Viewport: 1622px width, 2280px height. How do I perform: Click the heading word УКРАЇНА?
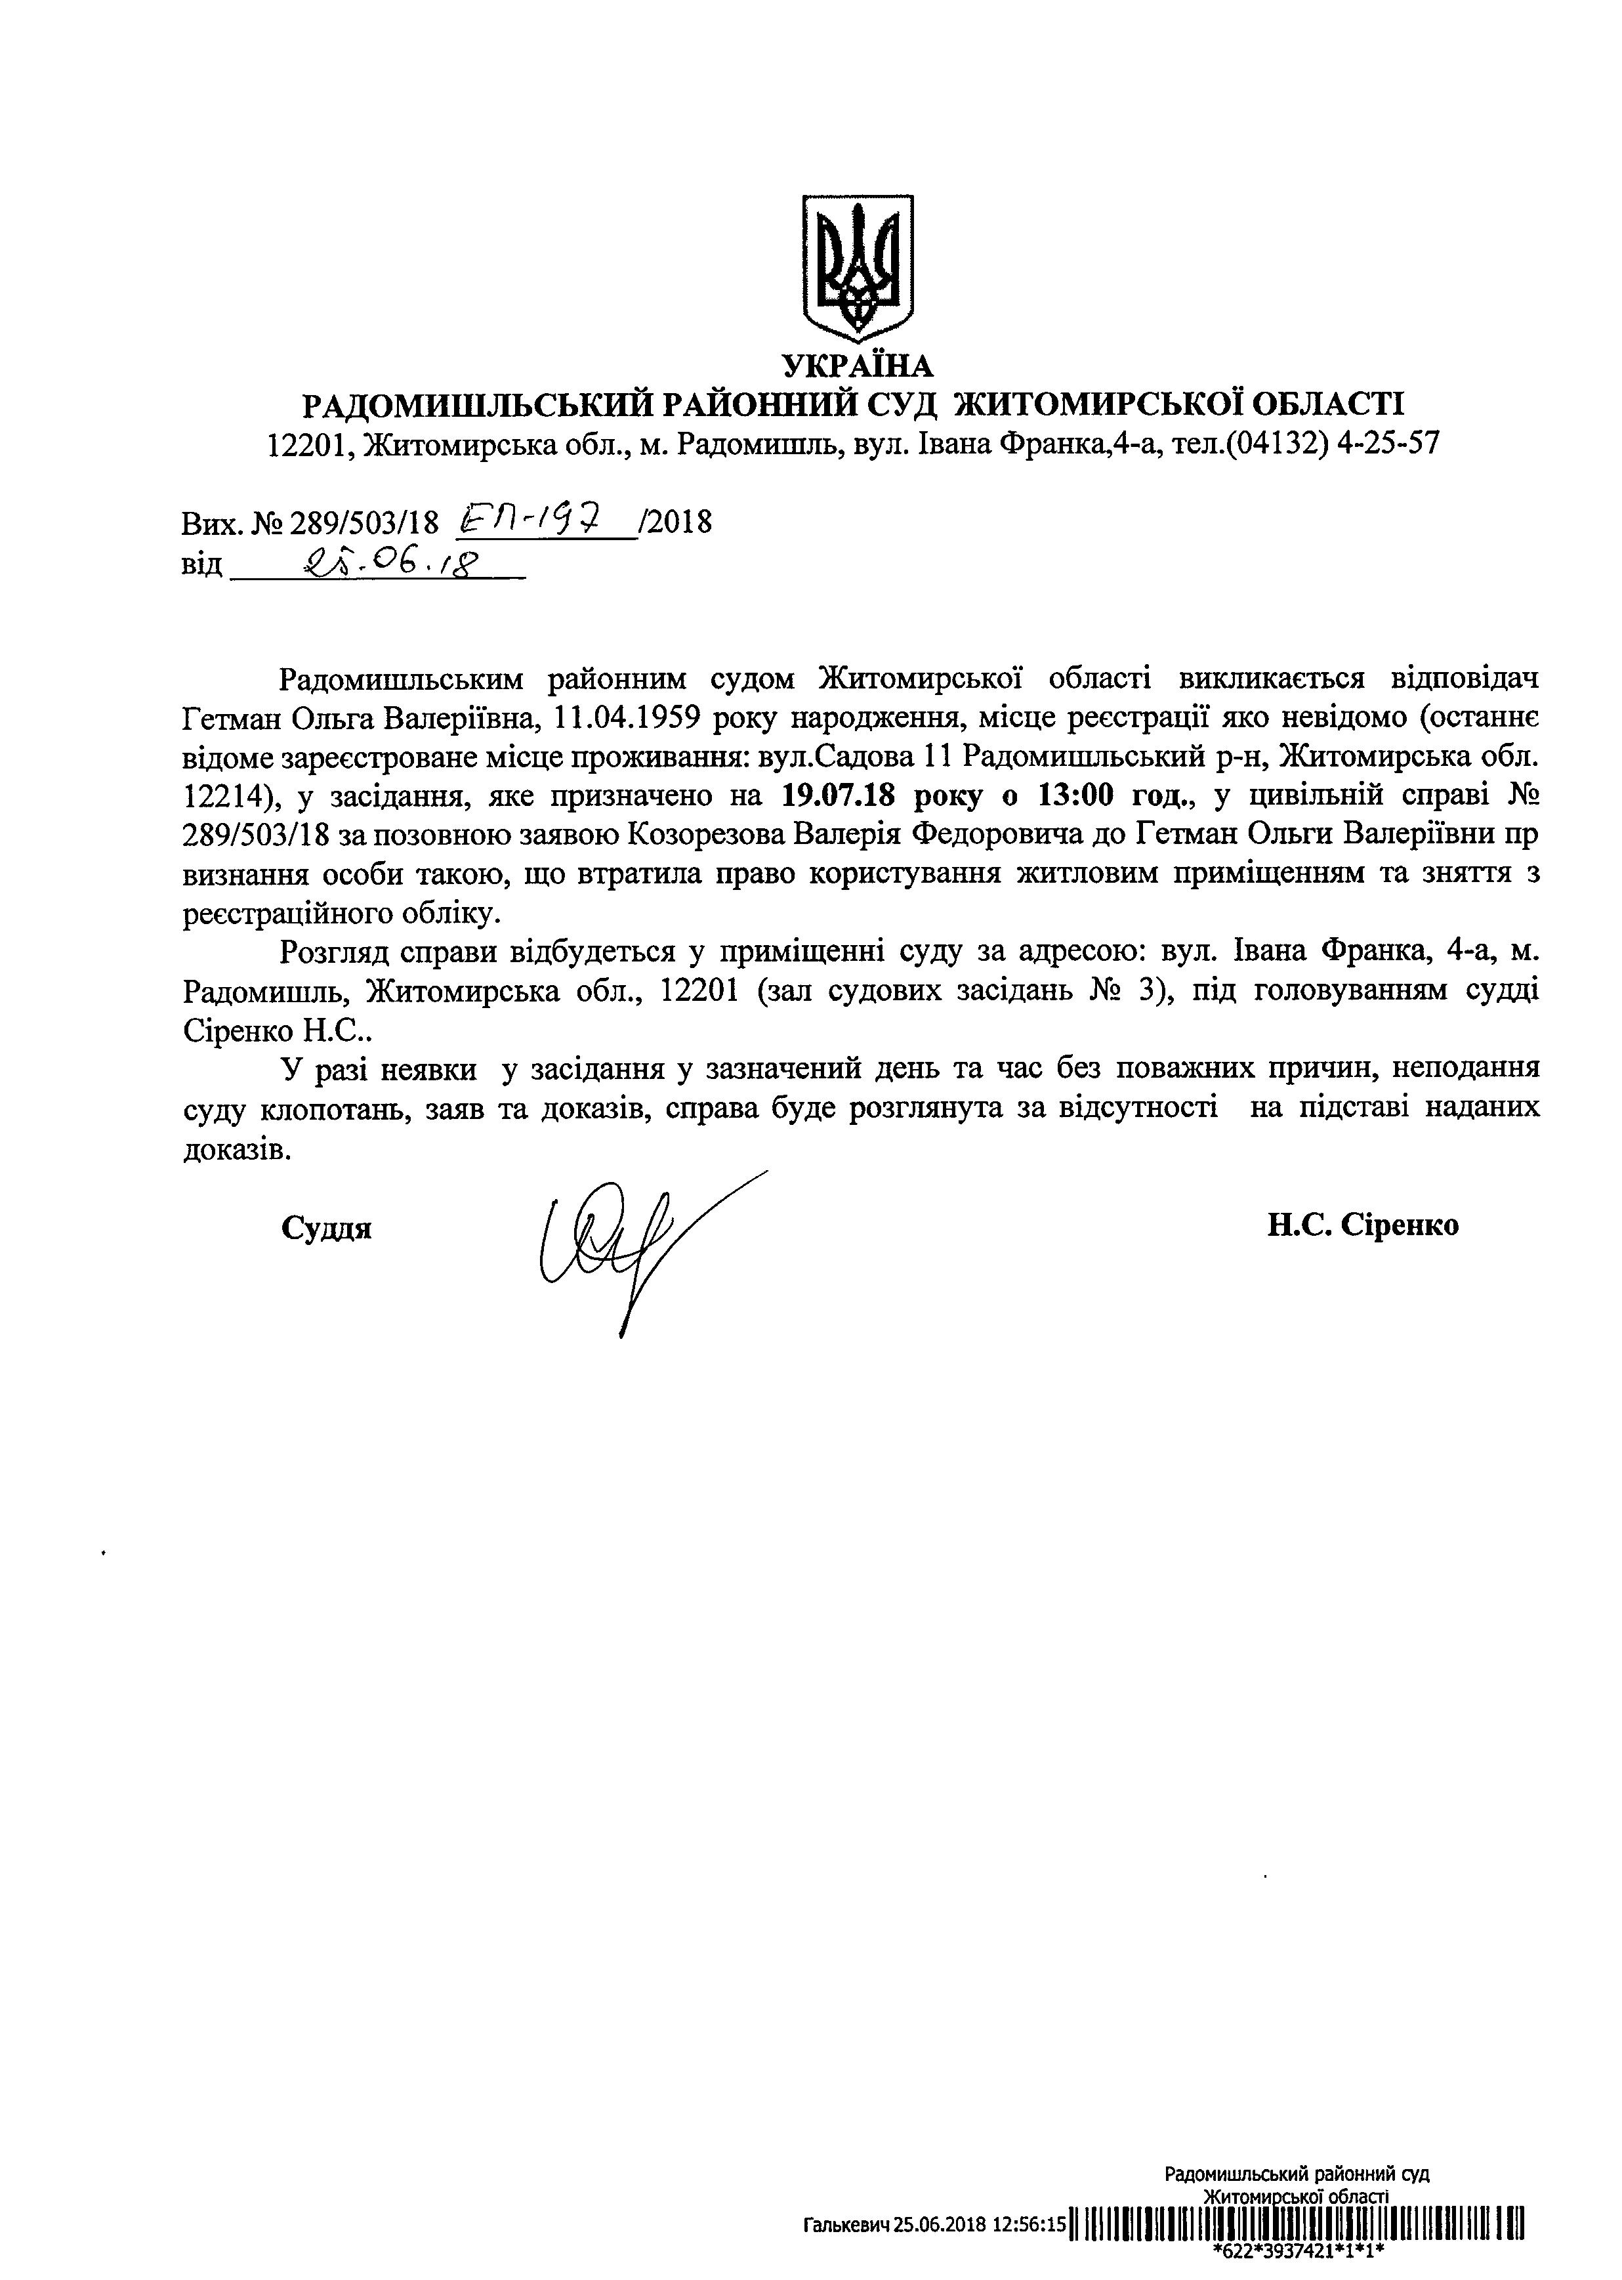pos(858,367)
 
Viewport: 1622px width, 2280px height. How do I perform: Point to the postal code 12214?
pos(222,796)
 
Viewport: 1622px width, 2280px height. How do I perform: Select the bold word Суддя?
pos(327,1228)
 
